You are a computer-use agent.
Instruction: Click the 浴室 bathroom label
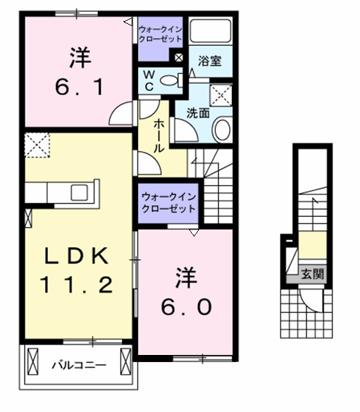pos(209,61)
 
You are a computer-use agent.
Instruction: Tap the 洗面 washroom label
pos(198,112)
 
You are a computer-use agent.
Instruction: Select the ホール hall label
pos(160,135)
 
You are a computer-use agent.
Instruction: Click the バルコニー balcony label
pos(78,366)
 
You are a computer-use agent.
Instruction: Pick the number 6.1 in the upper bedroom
pos(80,87)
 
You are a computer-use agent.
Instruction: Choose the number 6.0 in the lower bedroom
pos(185,308)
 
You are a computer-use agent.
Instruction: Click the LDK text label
pos(76,256)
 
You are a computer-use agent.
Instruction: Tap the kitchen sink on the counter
pos(78,192)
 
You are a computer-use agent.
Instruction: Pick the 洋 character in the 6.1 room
pos(80,57)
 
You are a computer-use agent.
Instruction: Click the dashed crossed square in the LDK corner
pos(35,146)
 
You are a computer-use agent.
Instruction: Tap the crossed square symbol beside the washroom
pos(222,94)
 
